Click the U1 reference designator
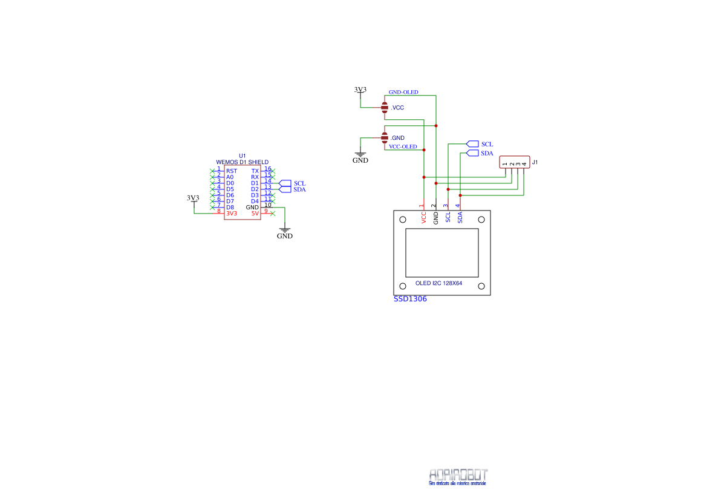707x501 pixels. (243, 156)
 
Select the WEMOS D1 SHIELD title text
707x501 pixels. (243, 162)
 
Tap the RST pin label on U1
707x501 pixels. (231, 171)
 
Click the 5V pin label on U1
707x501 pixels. (255, 214)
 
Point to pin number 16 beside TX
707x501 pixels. (267, 169)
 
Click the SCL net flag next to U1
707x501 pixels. (285, 183)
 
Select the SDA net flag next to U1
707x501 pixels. (285, 189)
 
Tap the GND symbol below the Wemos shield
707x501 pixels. (284, 232)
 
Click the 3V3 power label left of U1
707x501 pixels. (193, 198)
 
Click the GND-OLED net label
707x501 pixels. (403, 93)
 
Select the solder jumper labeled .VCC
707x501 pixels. (385, 108)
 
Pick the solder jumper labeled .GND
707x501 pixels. (385, 138)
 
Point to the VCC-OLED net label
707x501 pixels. (403, 146)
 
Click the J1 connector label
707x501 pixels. (535, 163)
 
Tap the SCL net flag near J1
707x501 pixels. (473, 144)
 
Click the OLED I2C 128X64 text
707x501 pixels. (438, 283)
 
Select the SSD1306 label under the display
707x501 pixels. (410, 299)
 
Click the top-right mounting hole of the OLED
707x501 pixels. (481, 220)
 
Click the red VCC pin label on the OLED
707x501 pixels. (424, 218)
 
